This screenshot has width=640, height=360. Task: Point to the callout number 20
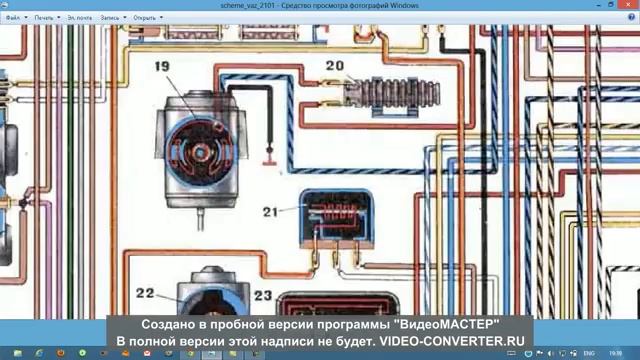pos(334,68)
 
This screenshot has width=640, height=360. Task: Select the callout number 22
pos(145,293)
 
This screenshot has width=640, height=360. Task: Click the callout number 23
pos(262,296)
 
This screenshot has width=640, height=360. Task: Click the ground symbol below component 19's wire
pos(268,157)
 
